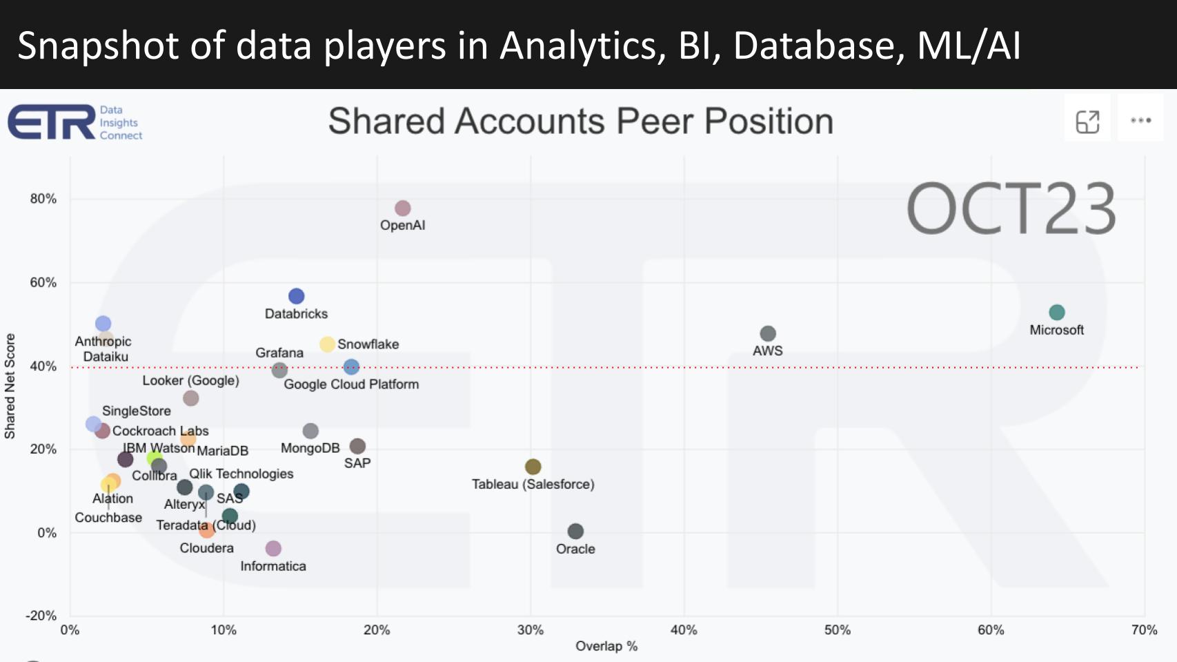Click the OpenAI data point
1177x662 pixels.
tap(403, 208)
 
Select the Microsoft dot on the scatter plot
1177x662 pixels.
tap(1056, 313)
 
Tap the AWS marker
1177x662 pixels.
tap(768, 333)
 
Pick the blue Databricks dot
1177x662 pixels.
tap(296, 296)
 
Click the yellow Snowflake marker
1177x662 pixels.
tap(327, 344)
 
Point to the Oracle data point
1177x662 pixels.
tap(575, 531)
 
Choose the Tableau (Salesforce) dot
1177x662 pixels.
tap(533, 467)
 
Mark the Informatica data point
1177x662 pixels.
tap(273, 548)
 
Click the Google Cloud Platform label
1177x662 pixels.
tap(351, 384)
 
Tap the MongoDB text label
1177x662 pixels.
tap(310, 448)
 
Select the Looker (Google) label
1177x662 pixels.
tap(190, 380)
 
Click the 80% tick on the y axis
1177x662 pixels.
tap(43, 199)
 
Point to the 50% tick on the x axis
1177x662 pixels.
tap(837, 630)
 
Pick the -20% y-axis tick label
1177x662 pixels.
tap(41, 616)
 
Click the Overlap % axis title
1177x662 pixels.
tap(606, 646)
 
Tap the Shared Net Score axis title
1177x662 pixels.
tap(10, 386)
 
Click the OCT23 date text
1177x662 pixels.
tap(1010, 208)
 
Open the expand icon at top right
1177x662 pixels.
tap(1087, 121)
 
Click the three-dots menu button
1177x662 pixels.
tap(1140, 120)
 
